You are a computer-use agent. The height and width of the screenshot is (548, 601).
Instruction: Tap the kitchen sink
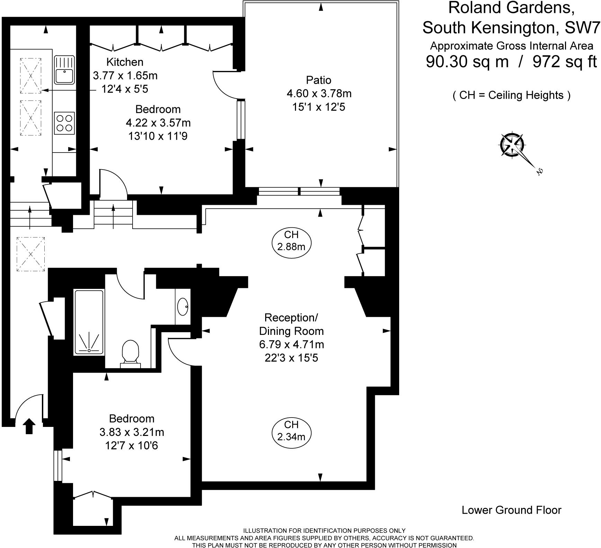click(x=64, y=70)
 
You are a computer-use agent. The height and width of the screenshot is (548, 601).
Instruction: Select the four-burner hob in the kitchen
click(x=64, y=123)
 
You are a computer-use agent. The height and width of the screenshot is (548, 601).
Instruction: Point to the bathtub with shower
click(x=89, y=322)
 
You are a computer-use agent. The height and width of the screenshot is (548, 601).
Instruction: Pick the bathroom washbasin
click(x=183, y=306)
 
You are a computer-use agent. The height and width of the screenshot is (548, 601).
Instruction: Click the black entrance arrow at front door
click(x=29, y=426)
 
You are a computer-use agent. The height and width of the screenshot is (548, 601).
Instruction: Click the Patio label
click(x=319, y=80)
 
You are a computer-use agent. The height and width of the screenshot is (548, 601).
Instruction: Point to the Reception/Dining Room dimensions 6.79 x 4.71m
click(x=291, y=345)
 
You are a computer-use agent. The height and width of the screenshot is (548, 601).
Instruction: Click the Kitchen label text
click(x=125, y=62)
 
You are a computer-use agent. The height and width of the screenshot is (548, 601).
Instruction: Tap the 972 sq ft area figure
click(x=565, y=62)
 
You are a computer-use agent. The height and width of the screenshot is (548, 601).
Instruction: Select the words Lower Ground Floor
click(x=511, y=510)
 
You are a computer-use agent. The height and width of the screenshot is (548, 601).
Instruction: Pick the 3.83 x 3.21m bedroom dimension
click(x=132, y=432)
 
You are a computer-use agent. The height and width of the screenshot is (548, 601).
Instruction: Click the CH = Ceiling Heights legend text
click(x=511, y=95)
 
